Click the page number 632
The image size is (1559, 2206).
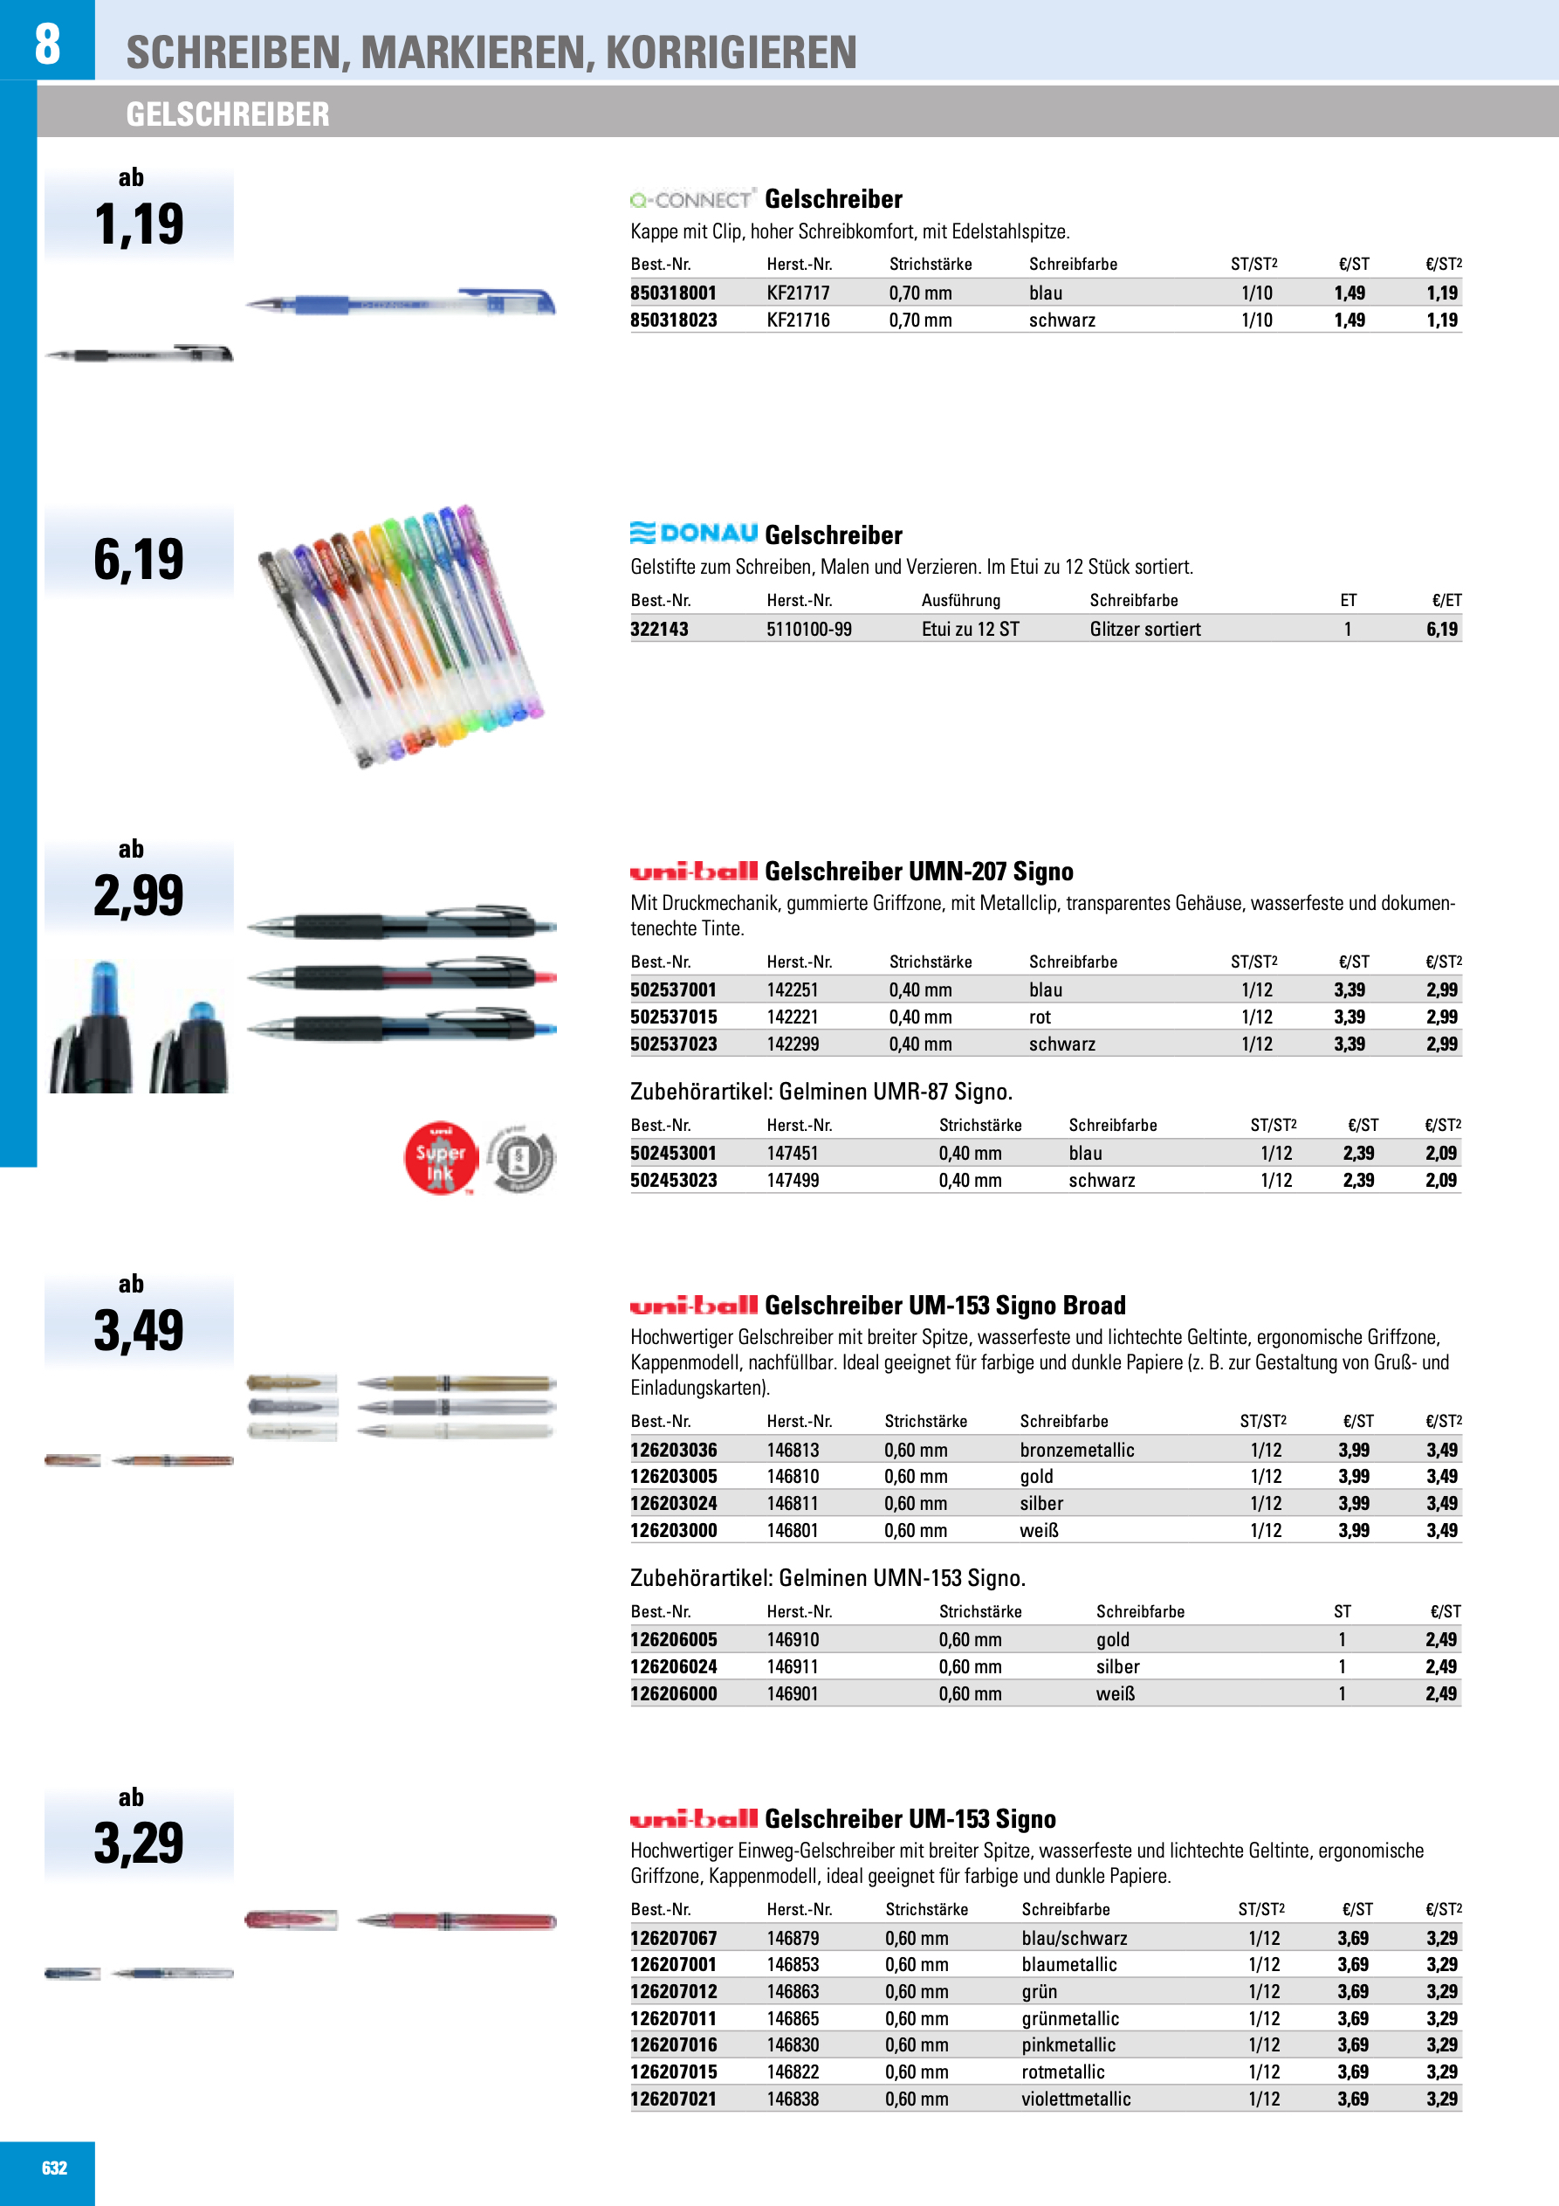coord(55,2167)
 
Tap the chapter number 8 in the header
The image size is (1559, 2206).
coord(47,45)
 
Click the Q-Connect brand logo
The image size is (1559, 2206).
coord(691,200)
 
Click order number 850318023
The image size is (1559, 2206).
coord(673,320)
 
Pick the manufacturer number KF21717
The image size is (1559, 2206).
coord(797,293)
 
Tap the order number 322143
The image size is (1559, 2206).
coord(659,630)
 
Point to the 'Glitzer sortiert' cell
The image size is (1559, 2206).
coord(1144,630)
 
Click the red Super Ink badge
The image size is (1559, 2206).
coord(440,1158)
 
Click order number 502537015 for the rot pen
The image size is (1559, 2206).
coord(673,1017)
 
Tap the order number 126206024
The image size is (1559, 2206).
coord(673,1666)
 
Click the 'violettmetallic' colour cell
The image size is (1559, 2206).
coord(1075,2099)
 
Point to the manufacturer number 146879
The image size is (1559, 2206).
coord(793,1938)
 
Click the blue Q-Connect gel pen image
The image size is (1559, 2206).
coord(400,304)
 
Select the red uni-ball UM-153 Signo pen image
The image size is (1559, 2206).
coord(456,1921)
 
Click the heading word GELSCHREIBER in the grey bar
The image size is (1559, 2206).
coord(228,114)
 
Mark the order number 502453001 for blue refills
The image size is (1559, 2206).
coord(673,1153)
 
